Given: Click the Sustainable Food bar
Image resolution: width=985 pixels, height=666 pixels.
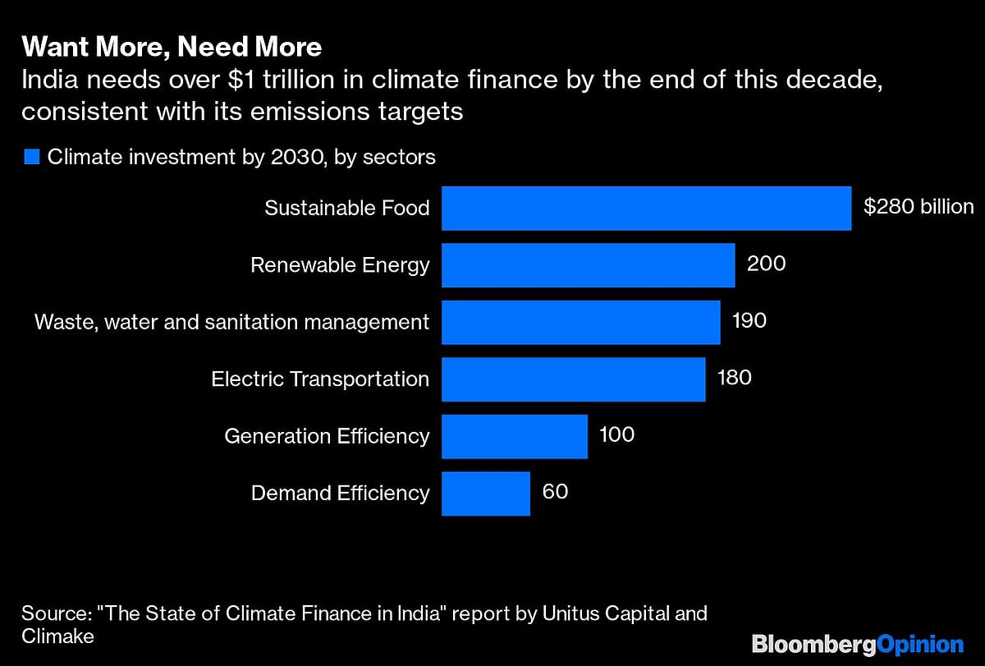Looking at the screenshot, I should tap(646, 208).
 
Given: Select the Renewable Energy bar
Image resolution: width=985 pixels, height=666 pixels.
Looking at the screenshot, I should tap(588, 265).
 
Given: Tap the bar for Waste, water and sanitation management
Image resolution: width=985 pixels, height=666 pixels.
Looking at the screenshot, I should tap(580, 322).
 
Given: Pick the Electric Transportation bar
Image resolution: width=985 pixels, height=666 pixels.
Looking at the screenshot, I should tap(573, 379).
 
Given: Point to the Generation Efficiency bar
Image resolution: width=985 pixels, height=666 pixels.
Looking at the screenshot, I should tap(515, 436).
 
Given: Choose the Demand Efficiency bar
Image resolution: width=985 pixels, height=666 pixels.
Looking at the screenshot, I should tap(486, 493).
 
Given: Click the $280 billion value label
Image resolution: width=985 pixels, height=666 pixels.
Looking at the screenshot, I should tap(919, 207).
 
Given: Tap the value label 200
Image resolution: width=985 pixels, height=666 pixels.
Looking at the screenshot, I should tap(766, 264).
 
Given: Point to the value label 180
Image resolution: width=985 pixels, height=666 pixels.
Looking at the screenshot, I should tap(734, 379).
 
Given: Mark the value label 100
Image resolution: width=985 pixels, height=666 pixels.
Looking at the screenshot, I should tap(616, 435).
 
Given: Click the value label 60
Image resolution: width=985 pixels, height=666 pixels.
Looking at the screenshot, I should tap(555, 492).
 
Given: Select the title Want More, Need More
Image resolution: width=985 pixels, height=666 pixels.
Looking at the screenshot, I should tap(172, 48).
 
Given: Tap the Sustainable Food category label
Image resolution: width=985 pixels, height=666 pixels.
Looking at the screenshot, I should tap(346, 208).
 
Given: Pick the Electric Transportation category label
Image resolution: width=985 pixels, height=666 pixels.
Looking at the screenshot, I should tap(320, 379).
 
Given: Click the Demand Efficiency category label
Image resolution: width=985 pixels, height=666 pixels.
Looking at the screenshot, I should tap(340, 493).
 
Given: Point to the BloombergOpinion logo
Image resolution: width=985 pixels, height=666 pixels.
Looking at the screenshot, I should tap(858, 643).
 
